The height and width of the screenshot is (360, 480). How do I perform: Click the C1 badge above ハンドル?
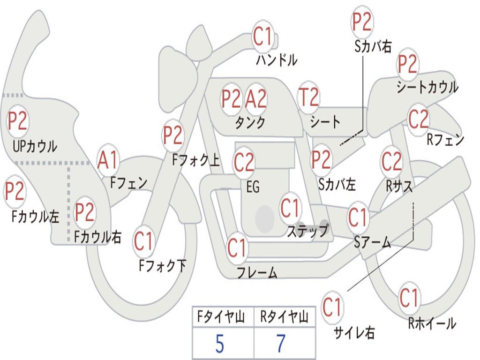coord(263,37)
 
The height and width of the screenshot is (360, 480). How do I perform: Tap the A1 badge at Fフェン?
coord(108,160)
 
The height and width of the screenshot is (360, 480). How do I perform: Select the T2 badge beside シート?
coord(308,98)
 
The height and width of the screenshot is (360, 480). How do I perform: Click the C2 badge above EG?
coord(244,162)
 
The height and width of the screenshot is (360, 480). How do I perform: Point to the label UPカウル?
coord(35,147)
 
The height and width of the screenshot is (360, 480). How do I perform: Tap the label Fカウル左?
coord(36,217)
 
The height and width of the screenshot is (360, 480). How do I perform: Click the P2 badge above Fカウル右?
coord(84,212)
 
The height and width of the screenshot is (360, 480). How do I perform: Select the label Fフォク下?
coord(162,266)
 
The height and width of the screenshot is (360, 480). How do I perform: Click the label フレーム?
coord(257,272)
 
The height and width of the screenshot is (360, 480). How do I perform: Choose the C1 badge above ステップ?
coord(290,208)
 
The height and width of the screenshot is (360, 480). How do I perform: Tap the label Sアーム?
coord(372,242)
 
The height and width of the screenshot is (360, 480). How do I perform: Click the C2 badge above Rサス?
coord(391,162)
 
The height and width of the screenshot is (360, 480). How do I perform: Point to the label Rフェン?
coord(445,140)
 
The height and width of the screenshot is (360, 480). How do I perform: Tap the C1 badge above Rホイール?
coord(409,298)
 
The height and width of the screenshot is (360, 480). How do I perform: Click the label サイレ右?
coord(354,333)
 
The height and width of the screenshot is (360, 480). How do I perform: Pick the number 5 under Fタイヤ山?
coord(220,344)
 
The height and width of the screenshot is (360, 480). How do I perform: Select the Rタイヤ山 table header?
coord(284,318)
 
